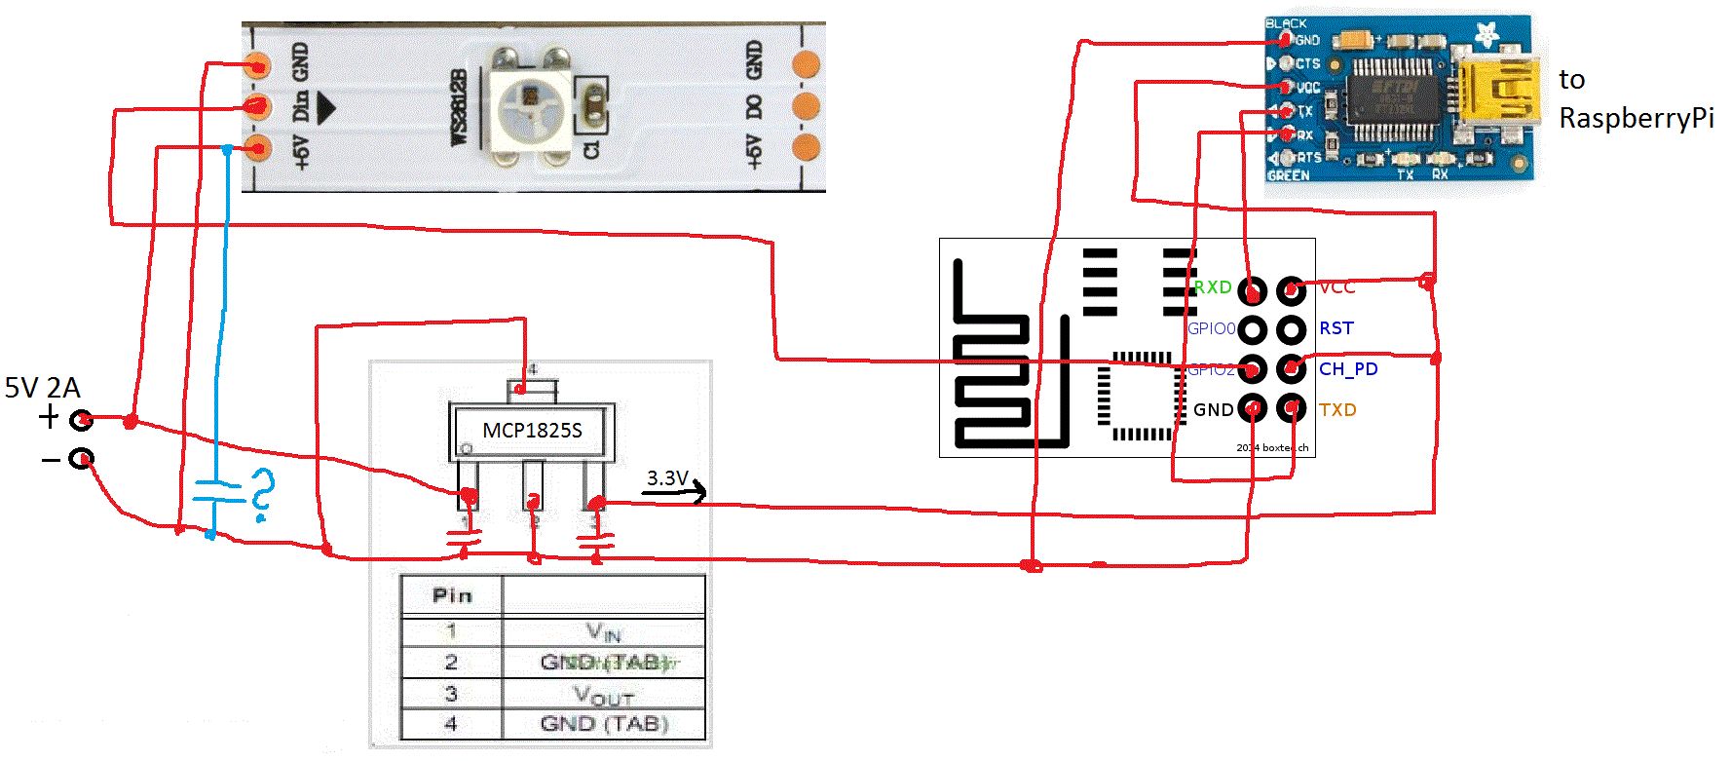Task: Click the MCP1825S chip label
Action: pos(532,431)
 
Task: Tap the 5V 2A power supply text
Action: pos(42,388)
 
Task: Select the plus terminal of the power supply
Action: pos(83,420)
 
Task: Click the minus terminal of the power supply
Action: pos(82,458)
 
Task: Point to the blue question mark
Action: pos(261,494)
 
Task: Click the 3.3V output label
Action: pos(667,478)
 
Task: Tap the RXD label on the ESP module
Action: pos(1213,287)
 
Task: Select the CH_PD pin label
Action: pos(1348,369)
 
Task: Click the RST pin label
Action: pos(1336,328)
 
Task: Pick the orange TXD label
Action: pos(1337,410)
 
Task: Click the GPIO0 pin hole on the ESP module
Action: pos(1253,329)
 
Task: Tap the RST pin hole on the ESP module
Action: pos(1292,329)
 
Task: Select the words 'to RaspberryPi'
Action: pos(1635,99)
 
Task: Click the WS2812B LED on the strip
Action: pos(532,103)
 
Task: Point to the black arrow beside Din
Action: pos(325,107)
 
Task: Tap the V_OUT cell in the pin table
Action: pos(604,695)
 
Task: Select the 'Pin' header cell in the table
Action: pos(452,595)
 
